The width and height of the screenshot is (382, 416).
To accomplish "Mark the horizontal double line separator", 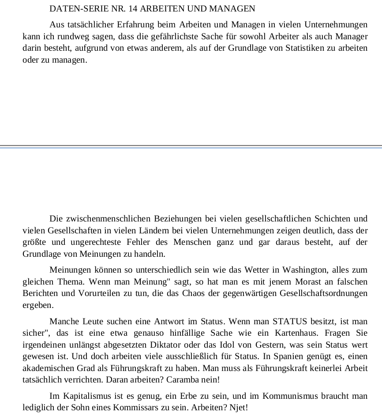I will (x=191, y=146).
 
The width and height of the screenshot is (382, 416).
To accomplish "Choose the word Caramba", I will (x=181, y=379).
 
